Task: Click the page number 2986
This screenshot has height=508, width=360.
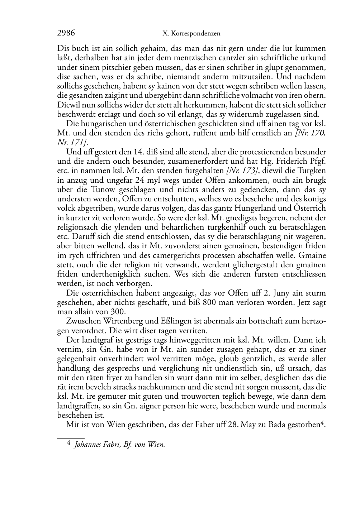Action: click(66, 33)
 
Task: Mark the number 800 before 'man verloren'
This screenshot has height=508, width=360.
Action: click(209, 302)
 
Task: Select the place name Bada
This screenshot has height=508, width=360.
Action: click(278, 425)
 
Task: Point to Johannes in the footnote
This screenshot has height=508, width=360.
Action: click(88, 445)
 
